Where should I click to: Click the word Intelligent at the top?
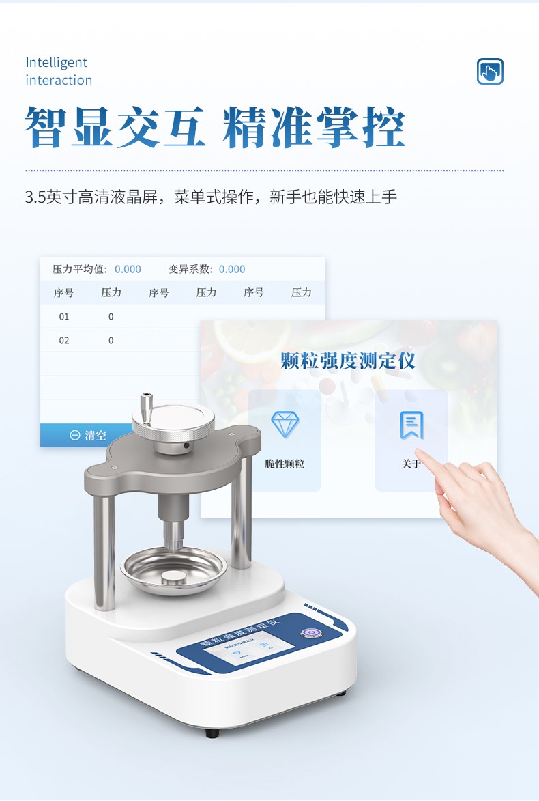click(x=57, y=63)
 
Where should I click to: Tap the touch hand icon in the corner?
click(x=489, y=71)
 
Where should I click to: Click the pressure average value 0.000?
click(x=128, y=269)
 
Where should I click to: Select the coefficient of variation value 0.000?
click(x=232, y=269)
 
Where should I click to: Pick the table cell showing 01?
click(x=63, y=317)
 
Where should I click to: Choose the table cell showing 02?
click(x=63, y=341)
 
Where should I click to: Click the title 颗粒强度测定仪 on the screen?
click(x=349, y=361)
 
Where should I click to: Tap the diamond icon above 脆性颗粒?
click(x=285, y=425)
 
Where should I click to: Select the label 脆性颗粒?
click(x=285, y=464)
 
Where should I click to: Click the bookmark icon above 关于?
click(x=411, y=425)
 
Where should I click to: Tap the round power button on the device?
click(x=311, y=633)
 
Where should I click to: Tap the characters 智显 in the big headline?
click(x=70, y=128)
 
